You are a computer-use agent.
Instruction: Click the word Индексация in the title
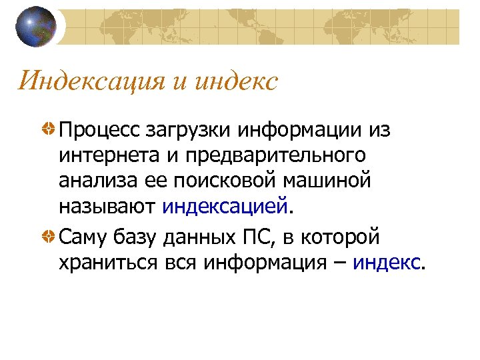[90, 81]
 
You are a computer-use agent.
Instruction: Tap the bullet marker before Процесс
[49, 129]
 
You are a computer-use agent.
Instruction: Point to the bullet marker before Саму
[49, 236]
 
